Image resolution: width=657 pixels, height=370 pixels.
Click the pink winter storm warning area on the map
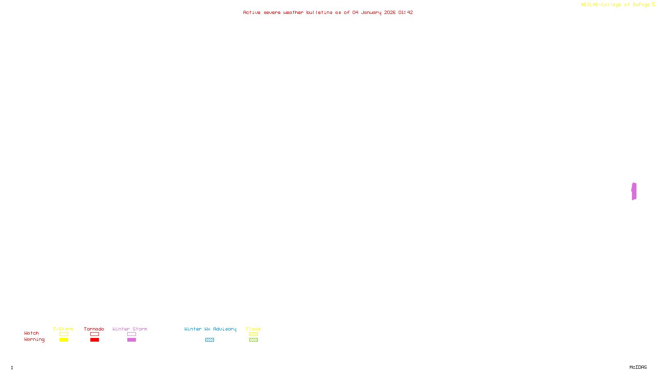634,192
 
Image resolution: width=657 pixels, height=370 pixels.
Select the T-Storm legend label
63,329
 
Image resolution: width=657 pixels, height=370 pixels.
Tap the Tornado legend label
94,329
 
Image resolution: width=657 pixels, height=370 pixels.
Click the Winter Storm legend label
130,329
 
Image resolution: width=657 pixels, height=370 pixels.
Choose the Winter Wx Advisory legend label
210,329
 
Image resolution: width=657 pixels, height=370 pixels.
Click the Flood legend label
253,329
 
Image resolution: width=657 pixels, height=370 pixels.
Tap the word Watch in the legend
32,333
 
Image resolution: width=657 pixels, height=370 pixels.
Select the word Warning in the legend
34,340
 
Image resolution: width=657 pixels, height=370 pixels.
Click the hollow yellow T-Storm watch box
64,334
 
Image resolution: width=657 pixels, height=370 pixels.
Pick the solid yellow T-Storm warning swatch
64,340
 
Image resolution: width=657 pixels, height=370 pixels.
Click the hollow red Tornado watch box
94,334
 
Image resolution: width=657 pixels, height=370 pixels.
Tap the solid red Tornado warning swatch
94,340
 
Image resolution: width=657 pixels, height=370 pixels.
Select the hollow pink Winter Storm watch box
131,334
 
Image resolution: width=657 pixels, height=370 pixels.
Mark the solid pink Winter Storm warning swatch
131,340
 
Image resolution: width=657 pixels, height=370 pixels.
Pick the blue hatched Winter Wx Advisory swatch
209,340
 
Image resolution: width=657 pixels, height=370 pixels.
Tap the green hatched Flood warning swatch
253,340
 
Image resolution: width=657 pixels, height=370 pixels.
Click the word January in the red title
371,12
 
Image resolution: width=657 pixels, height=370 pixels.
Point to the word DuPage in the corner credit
641,5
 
